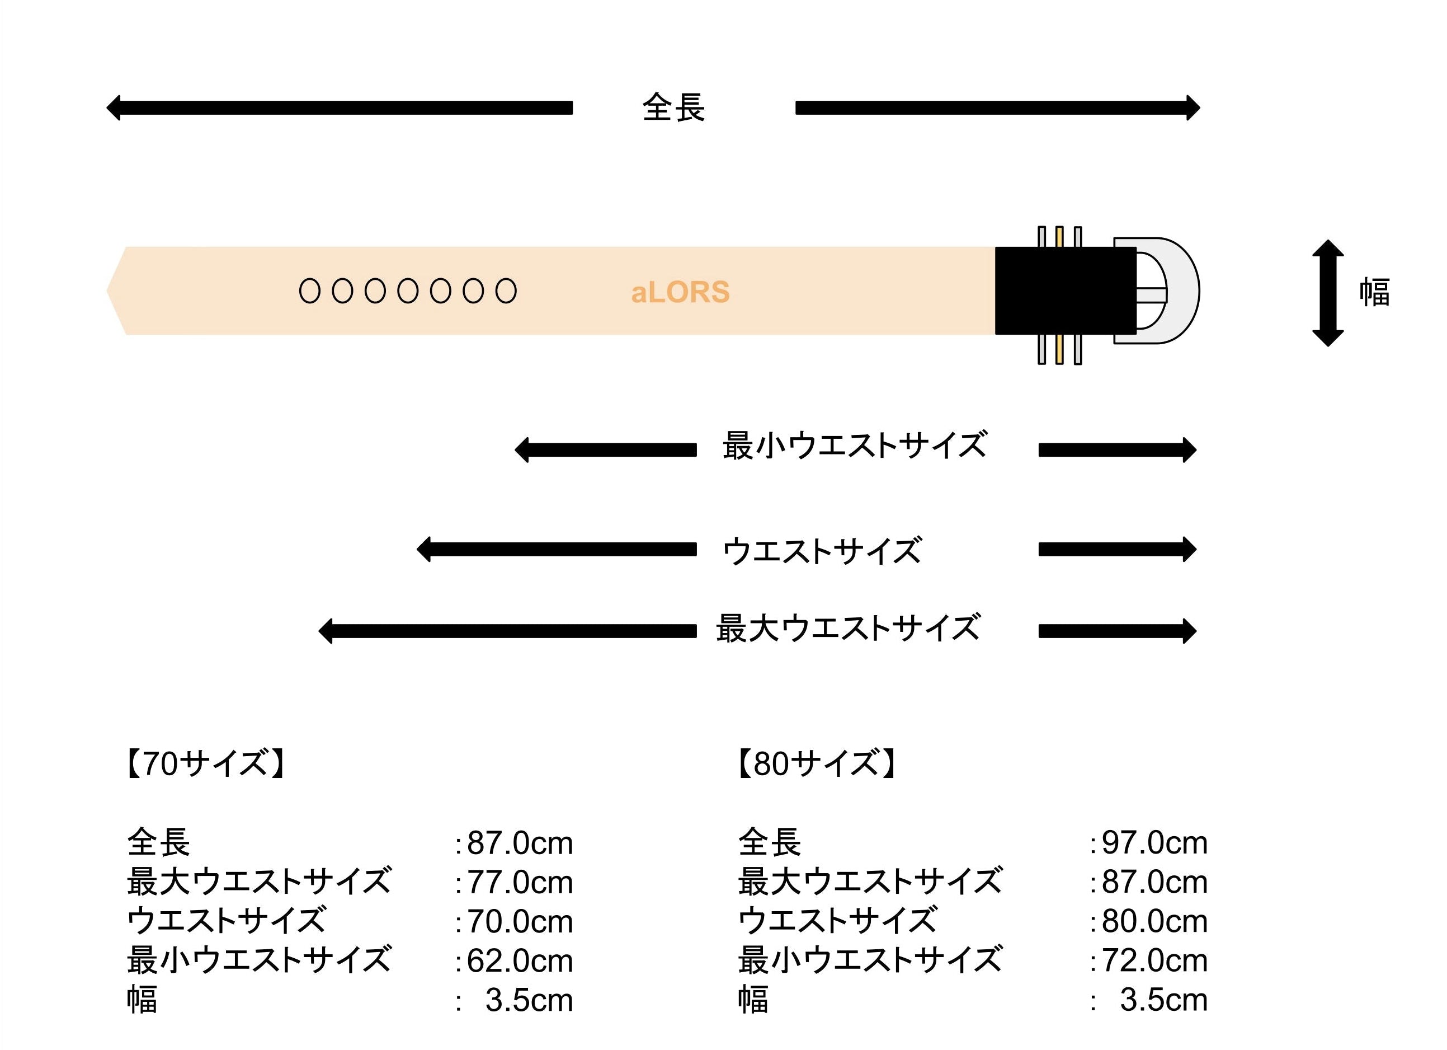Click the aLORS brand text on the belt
[x=680, y=292]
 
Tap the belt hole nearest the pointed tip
[x=310, y=291]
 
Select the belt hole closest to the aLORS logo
[x=506, y=291]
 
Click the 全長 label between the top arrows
[x=674, y=107]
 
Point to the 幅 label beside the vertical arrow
[x=1374, y=292]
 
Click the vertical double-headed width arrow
[x=1328, y=293]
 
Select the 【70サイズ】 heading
[x=205, y=763]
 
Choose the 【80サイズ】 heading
[x=817, y=763]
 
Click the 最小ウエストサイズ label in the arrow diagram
[x=855, y=445]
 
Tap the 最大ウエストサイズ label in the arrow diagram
[x=849, y=628]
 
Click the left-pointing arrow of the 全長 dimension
[x=340, y=108]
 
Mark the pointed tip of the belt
[x=106, y=291]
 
